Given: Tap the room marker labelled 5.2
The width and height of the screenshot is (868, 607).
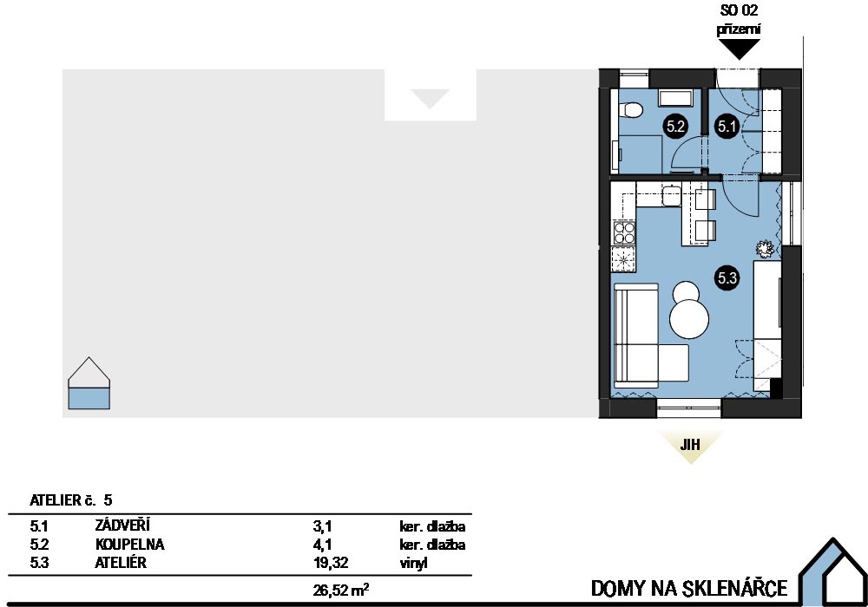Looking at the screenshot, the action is (x=675, y=127).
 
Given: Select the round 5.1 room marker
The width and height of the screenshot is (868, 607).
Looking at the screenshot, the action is (x=727, y=127).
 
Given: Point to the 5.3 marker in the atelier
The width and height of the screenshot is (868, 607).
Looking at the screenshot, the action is (x=727, y=277).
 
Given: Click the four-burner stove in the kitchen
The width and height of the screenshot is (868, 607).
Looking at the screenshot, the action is (x=623, y=232).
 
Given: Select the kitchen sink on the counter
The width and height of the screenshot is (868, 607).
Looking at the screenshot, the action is (x=672, y=195).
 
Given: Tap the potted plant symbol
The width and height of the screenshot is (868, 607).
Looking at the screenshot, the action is (x=766, y=249).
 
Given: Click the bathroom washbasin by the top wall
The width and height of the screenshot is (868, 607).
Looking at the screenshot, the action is (x=675, y=98).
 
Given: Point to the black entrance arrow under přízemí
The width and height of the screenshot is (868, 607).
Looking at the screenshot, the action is (x=739, y=51).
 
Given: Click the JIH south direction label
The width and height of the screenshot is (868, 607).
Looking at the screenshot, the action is (x=690, y=444).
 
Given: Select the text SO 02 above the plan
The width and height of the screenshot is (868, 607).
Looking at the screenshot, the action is (x=739, y=10).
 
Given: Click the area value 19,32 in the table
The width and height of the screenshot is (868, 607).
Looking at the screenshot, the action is (x=331, y=563).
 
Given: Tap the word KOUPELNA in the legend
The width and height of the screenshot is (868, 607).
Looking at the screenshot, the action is (x=129, y=545).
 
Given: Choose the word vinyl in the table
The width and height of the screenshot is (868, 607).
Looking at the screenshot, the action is (x=413, y=564).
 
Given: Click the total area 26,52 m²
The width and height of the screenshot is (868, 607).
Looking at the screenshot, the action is (x=340, y=590).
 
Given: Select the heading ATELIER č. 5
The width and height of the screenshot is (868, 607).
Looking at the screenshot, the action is (x=71, y=500).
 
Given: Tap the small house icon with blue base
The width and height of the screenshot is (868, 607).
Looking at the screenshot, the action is (x=89, y=383).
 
